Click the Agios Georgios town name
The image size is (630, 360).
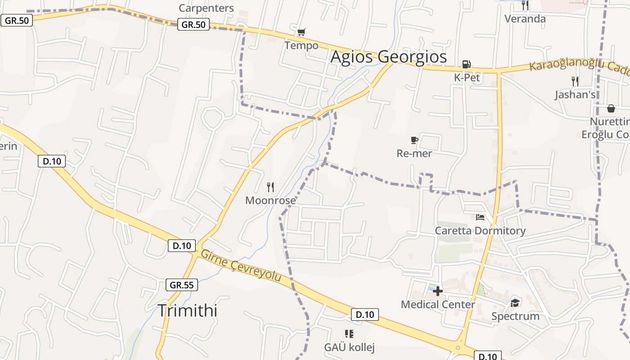(389, 57)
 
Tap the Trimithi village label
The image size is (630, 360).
(188, 310)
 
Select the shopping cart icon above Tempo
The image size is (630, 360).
(301, 32)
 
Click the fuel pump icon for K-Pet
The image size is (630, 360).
(467, 64)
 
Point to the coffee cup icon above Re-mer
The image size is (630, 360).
(414, 140)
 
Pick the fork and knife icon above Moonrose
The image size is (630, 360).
(270, 187)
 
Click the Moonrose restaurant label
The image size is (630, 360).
(270, 200)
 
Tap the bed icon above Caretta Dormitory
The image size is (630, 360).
(480, 217)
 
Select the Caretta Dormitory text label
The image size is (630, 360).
(480, 231)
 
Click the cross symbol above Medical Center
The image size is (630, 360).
(438, 291)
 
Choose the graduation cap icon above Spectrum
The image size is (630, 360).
(515, 303)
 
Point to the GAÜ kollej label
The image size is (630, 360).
(349, 347)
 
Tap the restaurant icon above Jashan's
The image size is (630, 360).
(575, 81)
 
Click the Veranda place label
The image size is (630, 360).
(525, 19)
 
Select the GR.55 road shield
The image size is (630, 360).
(182, 285)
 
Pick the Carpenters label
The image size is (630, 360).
(206, 8)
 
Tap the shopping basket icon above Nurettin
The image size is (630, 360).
(611, 108)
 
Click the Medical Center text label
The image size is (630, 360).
(438, 305)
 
